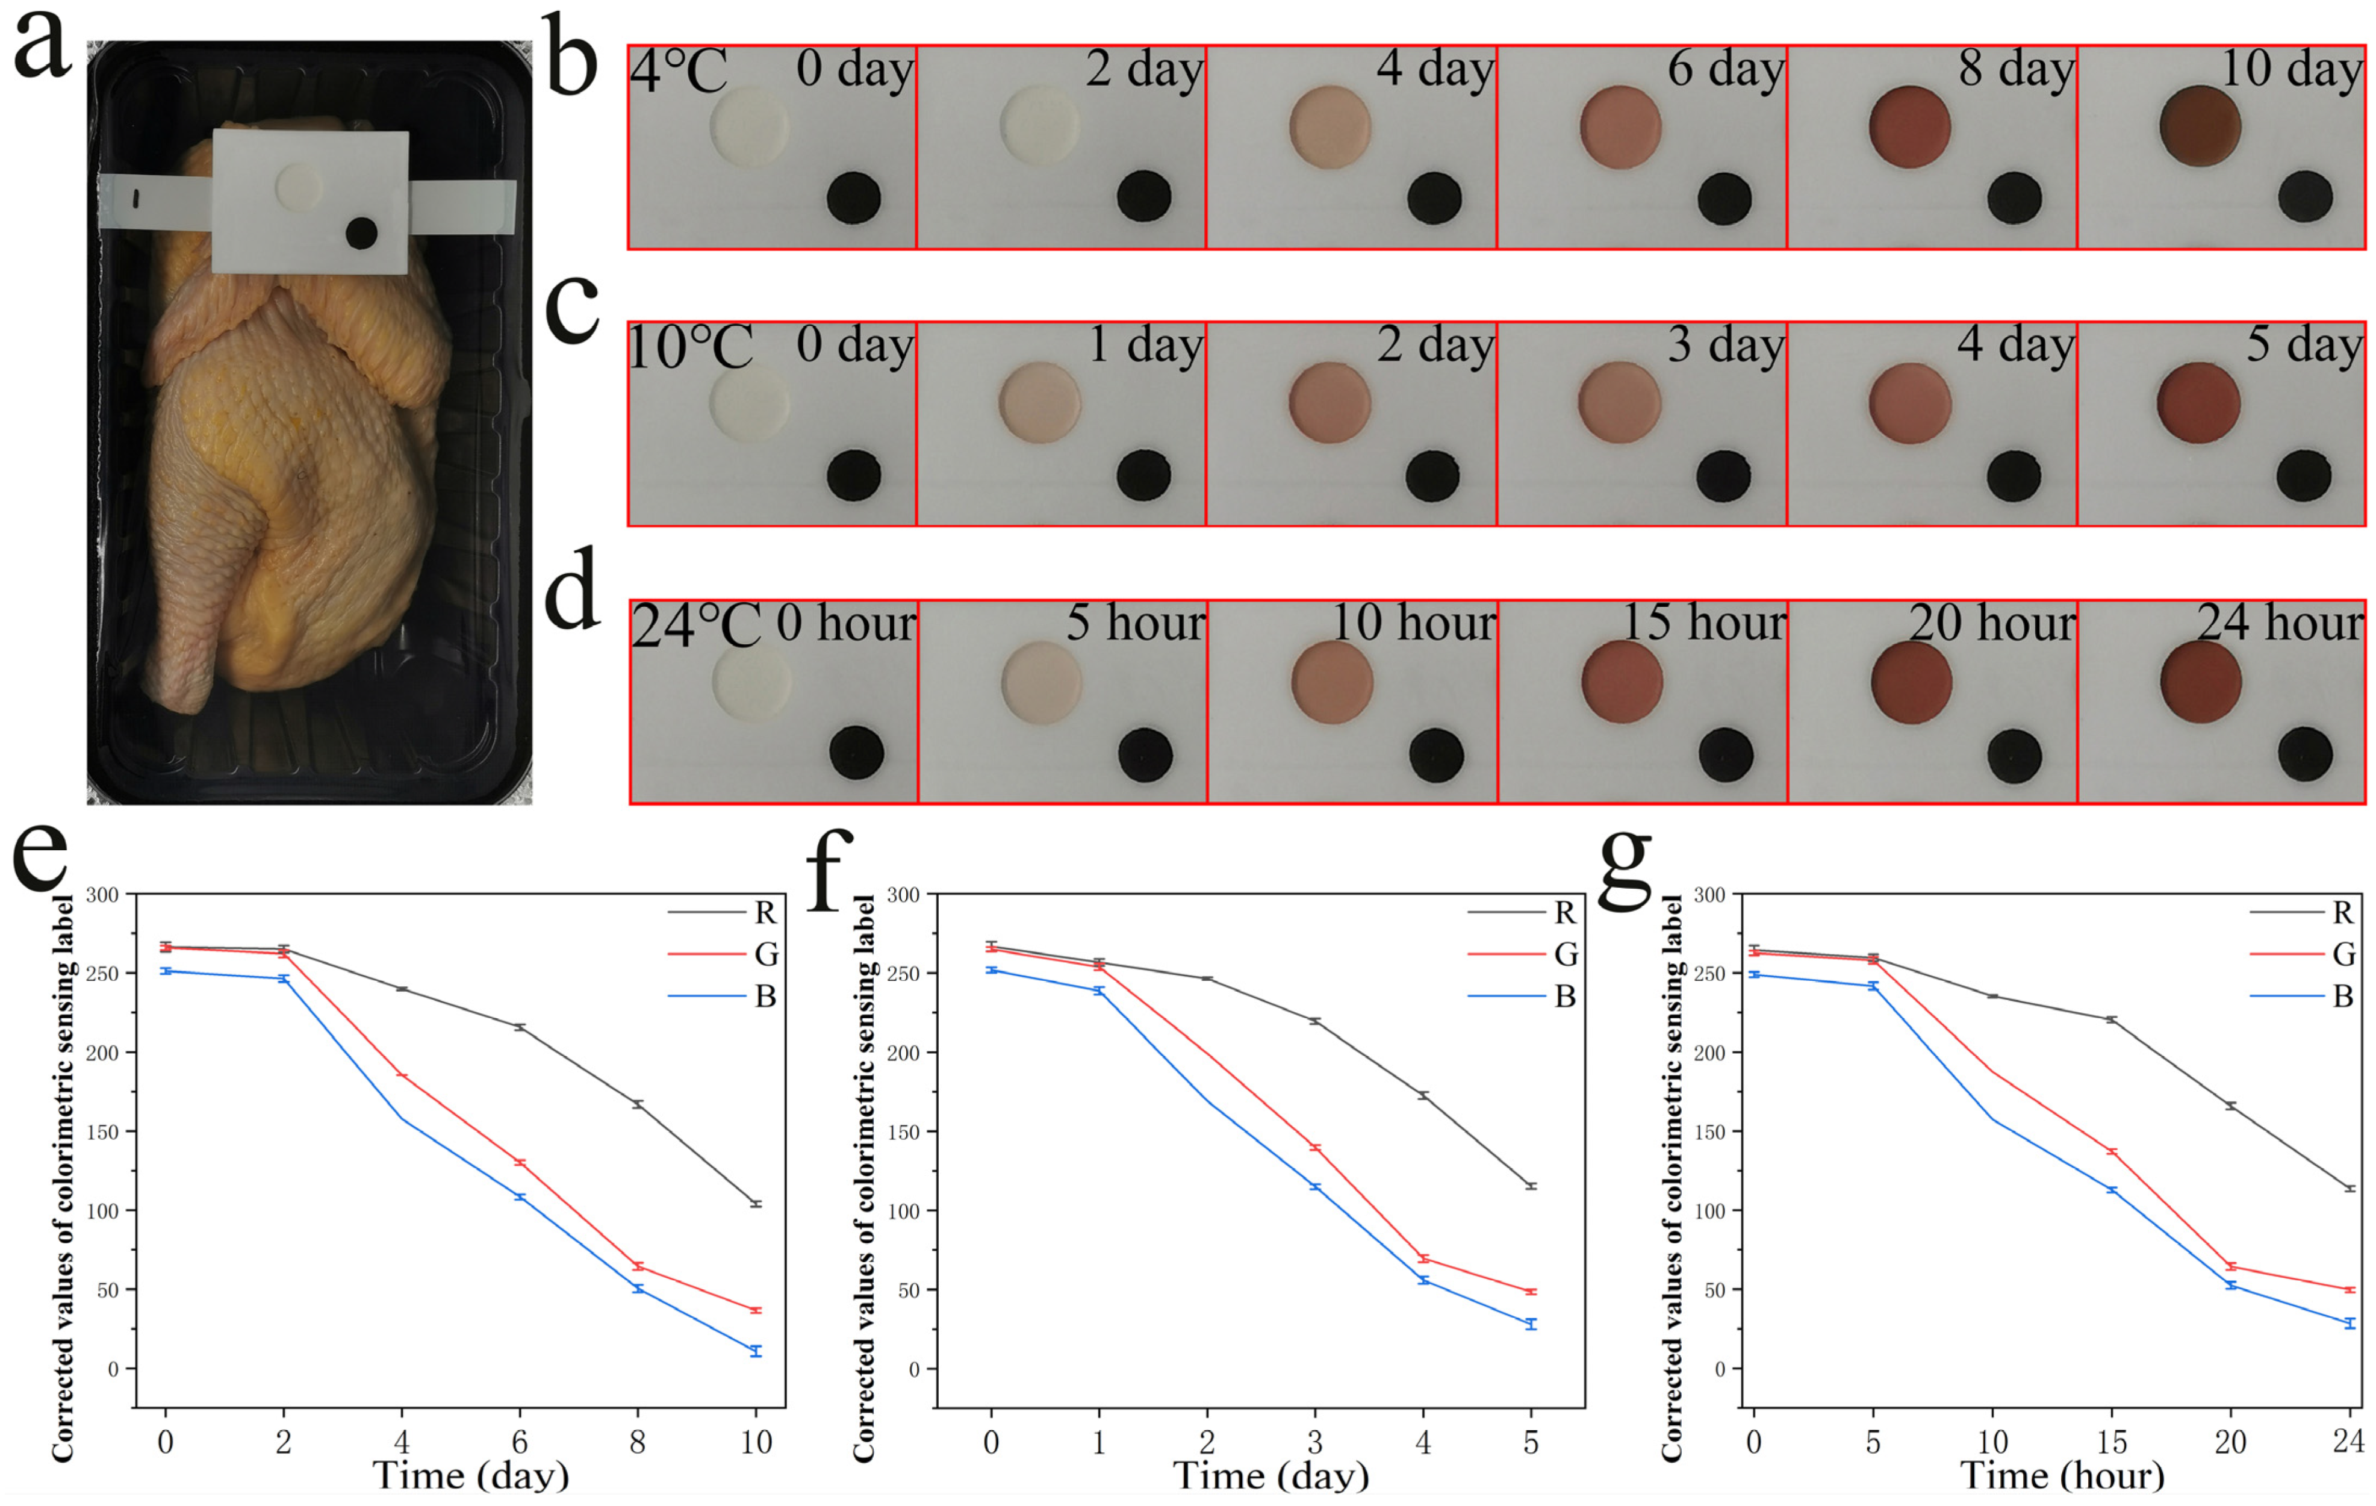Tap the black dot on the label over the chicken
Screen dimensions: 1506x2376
pos(361,234)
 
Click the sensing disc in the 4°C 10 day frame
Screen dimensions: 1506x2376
pos(2200,126)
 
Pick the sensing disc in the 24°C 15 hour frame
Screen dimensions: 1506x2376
pos(1621,681)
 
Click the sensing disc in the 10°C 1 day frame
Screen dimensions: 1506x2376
pos(1040,403)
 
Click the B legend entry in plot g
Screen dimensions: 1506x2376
pos(2342,997)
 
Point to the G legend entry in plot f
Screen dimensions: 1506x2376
pos(1565,954)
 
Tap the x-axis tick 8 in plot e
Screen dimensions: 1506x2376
pos(638,1443)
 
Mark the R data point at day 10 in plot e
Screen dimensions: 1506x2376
pos(756,1204)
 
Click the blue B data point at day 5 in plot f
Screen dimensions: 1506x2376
pos(1531,1324)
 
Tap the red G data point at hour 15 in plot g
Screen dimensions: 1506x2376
pos(2112,1152)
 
